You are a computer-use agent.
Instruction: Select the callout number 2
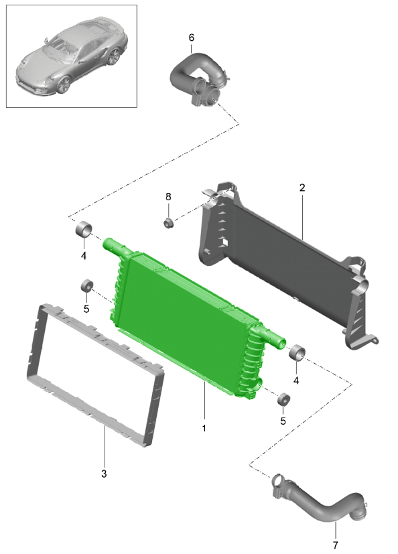(x=302, y=188)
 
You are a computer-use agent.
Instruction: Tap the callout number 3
(x=103, y=474)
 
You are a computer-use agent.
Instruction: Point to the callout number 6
(x=191, y=38)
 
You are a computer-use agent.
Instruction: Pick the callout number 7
(x=335, y=545)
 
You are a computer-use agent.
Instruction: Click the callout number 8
(x=168, y=196)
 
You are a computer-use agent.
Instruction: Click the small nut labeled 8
(x=169, y=222)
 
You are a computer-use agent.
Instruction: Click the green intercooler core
(x=188, y=315)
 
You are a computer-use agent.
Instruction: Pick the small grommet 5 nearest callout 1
(x=283, y=400)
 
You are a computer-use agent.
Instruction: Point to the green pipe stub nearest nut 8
(x=113, y=245)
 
